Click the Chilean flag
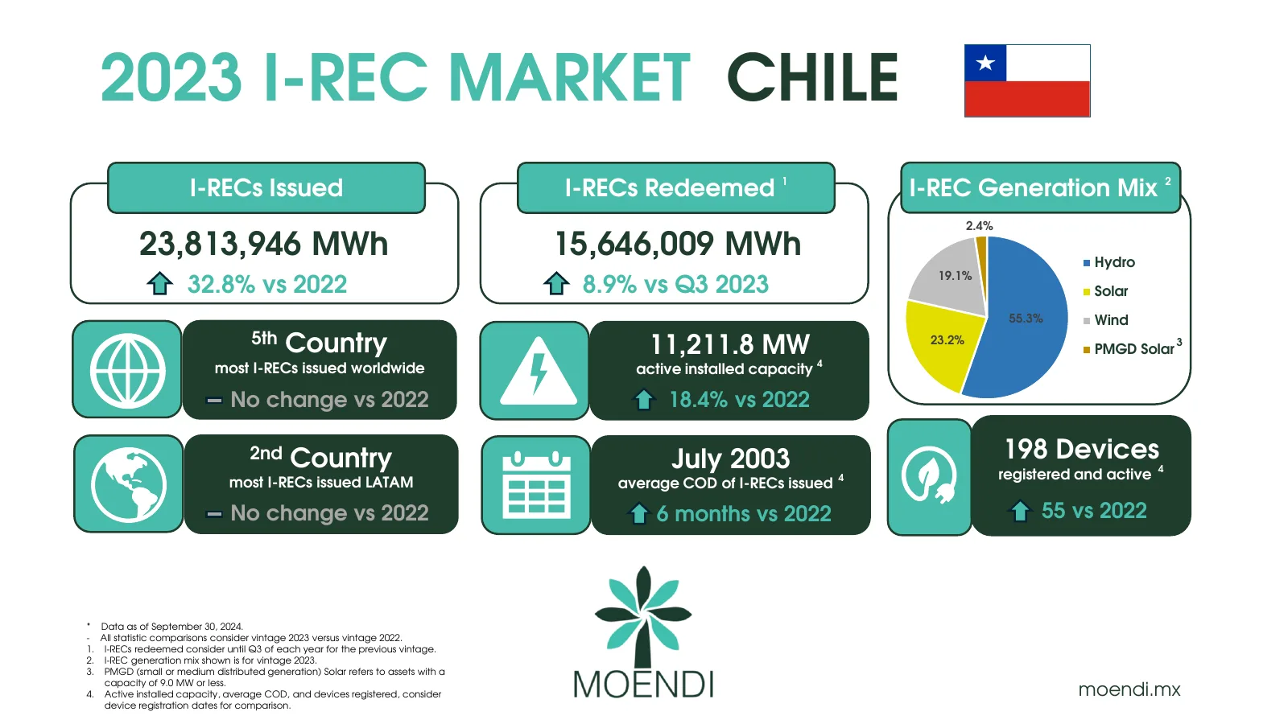[x=1027, y=81]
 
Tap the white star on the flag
[x=985, y=63]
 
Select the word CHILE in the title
[x=812, y=77]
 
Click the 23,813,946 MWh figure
[x=264, y=244]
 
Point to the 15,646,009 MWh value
[x=678, y=244]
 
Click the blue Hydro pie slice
[x=1021, y=319]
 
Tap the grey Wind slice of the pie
[x=952, y=276]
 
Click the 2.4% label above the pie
[x=979, y=226]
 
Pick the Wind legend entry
[x=1106, y=320]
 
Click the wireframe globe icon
[x=128, y=371]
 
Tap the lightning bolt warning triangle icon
[x=539, y=371]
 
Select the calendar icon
[x=536, y=485]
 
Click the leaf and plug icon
[x=929, y=475]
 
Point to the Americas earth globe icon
[x=129, y=485]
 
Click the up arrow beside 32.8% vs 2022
[x=159, y=283]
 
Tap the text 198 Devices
[x=1082, y=450]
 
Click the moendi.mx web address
[x=1129, y=689]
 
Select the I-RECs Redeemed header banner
[x=676, y=188]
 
